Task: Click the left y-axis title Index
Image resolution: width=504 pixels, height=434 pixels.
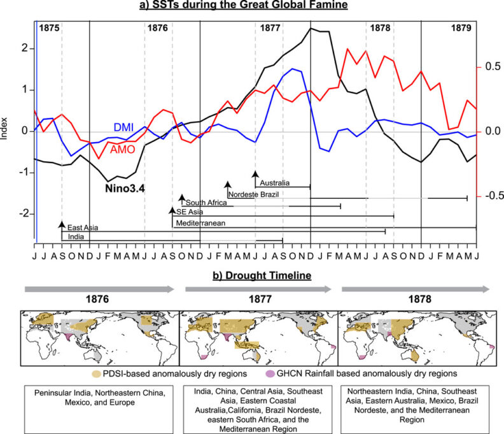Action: click(x=6, y=131)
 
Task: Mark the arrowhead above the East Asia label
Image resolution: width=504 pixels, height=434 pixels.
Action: click(x=62, y=224)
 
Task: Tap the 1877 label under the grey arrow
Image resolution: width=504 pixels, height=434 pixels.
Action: click(x=258, y=299)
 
